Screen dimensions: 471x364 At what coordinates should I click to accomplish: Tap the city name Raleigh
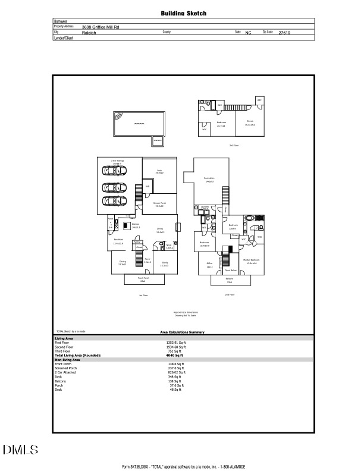89,33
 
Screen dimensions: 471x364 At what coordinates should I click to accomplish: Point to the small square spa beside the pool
157,141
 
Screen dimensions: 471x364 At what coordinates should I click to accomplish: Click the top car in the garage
114,171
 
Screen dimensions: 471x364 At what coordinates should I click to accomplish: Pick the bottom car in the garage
114,200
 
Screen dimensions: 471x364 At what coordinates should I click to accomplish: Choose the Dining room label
123,262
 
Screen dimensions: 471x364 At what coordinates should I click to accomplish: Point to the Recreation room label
209,179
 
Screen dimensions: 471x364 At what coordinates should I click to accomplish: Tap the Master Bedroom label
250,261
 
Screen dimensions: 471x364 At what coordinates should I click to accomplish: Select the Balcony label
229,279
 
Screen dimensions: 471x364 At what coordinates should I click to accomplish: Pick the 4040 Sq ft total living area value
175,355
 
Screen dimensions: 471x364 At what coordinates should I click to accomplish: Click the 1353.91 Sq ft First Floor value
176,343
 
